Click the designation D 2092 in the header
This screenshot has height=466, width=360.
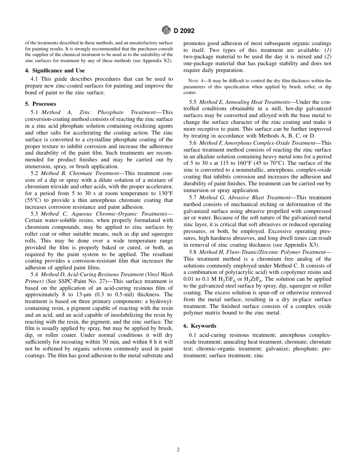pyautogui.click(x=184, y=31)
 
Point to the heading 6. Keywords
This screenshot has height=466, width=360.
pyautogui.click(x=200, y=326)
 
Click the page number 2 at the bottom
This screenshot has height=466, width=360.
pyautogui.click(x=178, y=450)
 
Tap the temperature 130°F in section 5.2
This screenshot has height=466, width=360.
pyautogui.click(x=163, y=194)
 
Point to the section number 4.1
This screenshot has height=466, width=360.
pyautogui.click(x=35, y=79)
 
